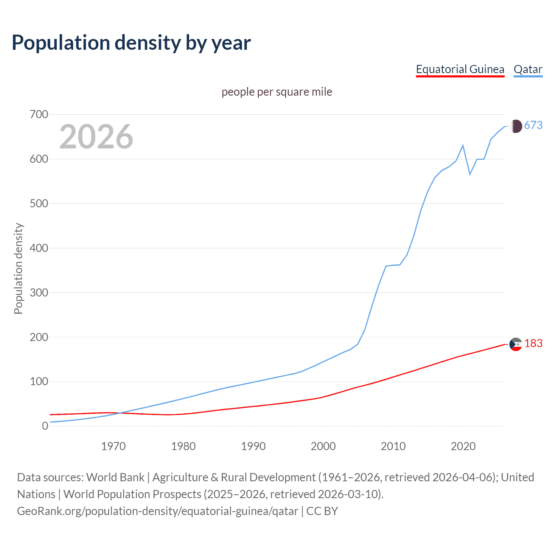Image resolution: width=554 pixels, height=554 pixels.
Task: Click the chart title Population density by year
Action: (x=131, y=43)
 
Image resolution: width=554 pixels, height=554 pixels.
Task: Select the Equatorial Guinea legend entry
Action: (x=460, y=69)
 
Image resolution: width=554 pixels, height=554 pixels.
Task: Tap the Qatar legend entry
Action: (x=528, y=69)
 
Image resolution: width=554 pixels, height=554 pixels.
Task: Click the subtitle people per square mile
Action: (x=277, y=92)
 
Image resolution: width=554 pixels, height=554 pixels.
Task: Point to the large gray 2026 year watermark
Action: (x=96, y=137)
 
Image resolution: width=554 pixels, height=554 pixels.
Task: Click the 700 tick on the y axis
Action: (x=39, y=115)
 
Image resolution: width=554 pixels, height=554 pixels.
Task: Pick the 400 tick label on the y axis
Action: (x=39, y=248)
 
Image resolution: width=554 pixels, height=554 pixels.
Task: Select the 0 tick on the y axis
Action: (x=45, y=426)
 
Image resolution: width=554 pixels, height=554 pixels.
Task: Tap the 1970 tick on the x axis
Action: (x=113, y=446)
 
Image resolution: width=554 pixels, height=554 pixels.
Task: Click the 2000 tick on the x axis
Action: (x=323, y=446)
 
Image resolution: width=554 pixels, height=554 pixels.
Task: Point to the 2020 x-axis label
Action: (x=463, y=446)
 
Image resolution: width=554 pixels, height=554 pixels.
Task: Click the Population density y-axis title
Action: (x=18, y=268)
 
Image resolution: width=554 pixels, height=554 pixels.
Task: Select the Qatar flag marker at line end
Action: (x=515, y=126)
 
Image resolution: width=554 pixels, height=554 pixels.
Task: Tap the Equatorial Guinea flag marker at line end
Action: (x=515, y=344)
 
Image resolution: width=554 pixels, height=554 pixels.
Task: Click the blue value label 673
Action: (x=533, y=125)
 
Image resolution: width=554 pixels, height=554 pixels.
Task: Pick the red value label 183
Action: (x=533, y=343)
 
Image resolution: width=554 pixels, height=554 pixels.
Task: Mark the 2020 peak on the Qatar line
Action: (x=463, y=145)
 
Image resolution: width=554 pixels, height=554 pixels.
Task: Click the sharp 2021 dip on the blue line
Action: (x=470, y=174)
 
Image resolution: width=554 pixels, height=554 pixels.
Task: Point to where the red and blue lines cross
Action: (x=121, y=413)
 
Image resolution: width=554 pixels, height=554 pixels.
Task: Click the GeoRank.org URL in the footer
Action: (x=158, y=511)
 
